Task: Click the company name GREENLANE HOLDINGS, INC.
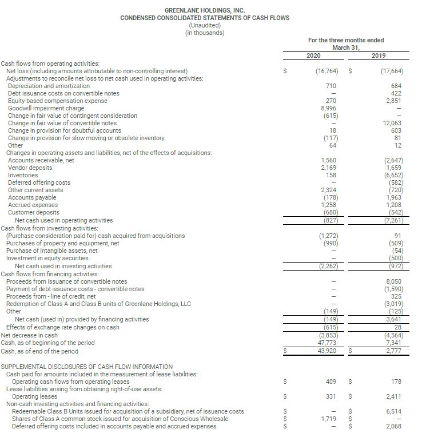point(205,10)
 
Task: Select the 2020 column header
point(312,55)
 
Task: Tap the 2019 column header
point(379,55)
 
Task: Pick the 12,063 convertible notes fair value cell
point(392,123)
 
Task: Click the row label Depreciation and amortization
point(49,86)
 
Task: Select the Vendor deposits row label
point(30,168)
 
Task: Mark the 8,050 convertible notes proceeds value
point(393,281)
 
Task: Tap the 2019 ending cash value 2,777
point(393,350)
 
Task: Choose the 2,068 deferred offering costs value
point(393,426)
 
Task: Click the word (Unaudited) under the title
point(205,25)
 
